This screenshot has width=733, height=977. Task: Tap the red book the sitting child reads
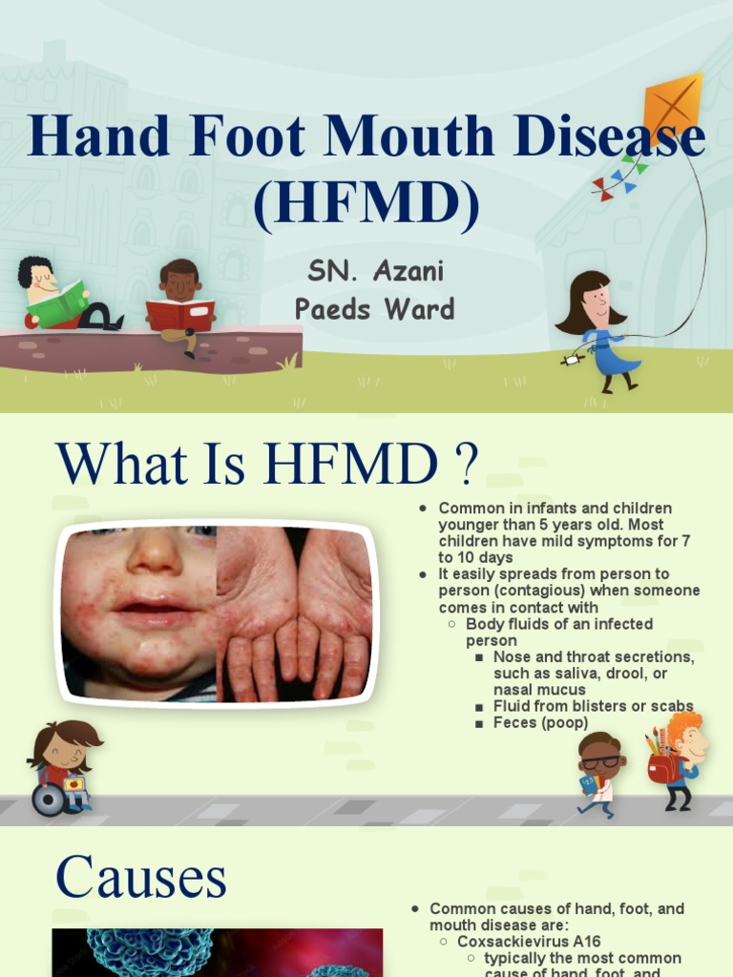pos(179,315)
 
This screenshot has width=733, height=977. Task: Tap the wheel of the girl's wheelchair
pos(47,800)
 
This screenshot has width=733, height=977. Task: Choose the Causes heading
pos(141,877)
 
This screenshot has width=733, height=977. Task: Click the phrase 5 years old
pos(611,525)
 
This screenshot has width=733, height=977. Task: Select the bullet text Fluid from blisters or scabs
pos(592,706)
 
